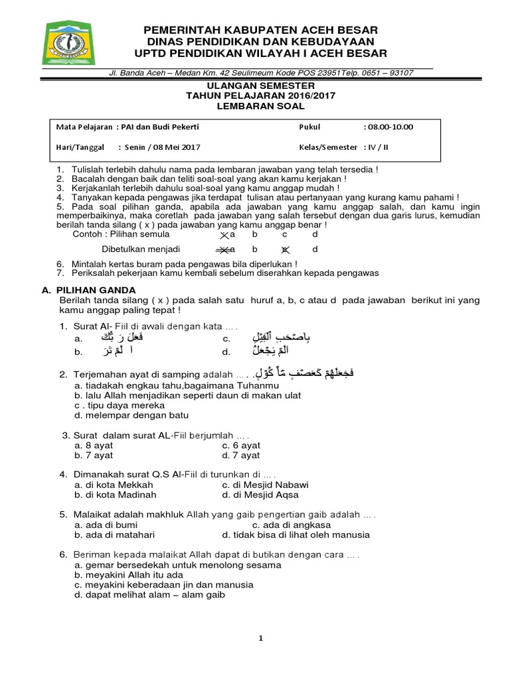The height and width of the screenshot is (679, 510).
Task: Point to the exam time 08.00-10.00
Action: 390,127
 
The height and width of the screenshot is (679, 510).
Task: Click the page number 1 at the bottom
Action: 261,638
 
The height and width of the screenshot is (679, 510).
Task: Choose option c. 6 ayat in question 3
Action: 241,446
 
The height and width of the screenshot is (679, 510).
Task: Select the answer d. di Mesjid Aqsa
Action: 260,495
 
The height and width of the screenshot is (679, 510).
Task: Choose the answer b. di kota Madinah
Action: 116,495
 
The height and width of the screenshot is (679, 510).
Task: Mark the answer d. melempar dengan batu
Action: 131,415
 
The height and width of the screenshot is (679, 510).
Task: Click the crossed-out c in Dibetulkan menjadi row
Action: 284,250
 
